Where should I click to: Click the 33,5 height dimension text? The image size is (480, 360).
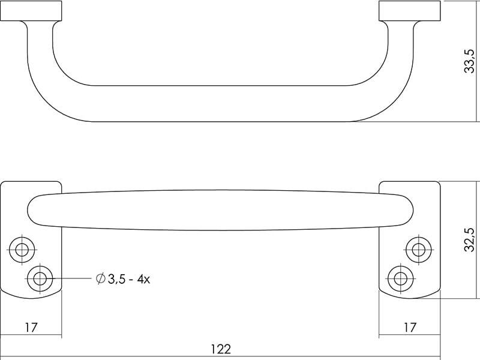[470, 61]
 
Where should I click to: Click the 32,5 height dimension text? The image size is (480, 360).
[470, 239]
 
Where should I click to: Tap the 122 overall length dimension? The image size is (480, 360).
[221, 349]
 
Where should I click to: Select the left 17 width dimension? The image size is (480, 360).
[31, 327]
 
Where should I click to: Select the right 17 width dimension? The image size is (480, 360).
[410, 327]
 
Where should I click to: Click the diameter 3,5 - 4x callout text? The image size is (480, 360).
[123, 279]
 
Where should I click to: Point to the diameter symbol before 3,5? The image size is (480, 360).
[100, 278]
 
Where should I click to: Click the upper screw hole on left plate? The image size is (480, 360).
[22, 250]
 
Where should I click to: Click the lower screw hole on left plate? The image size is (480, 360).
[40, 279]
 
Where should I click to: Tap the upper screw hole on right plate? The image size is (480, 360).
[418, 250]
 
